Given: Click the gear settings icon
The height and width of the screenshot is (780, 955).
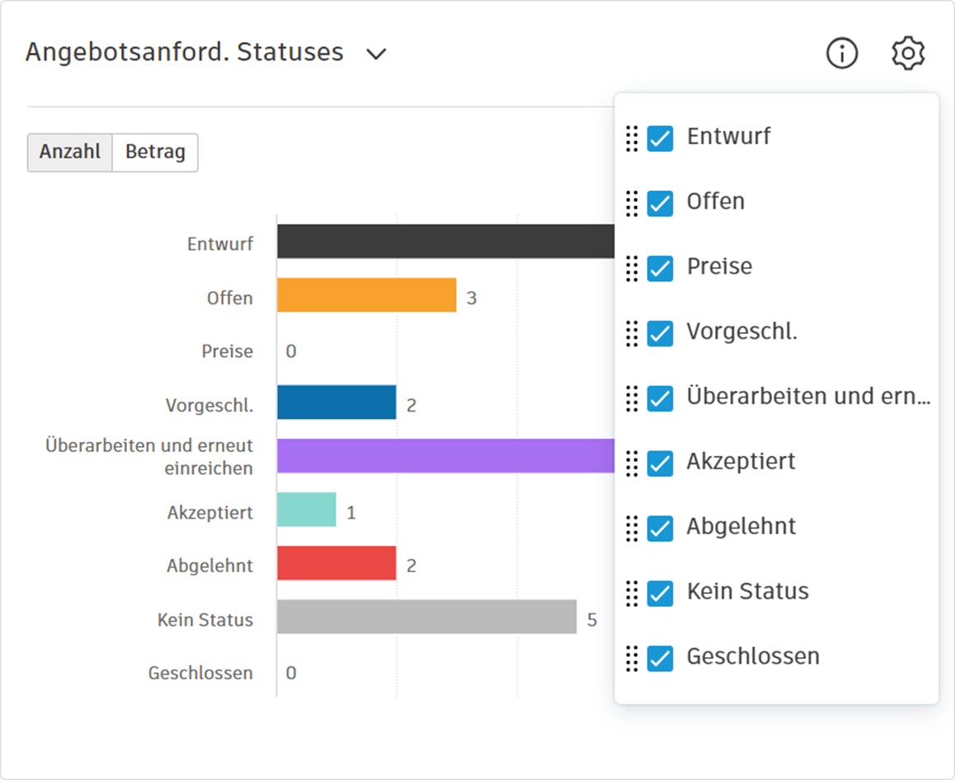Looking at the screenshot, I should click(908, 54).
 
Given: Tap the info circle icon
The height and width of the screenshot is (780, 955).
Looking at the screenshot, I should click(842, 54).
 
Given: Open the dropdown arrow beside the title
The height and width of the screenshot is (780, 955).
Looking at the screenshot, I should click(376, 54).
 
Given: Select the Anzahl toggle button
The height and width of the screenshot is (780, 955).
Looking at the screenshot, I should click(70, 153).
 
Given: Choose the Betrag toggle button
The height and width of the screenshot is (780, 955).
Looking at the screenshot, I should click(155, 153).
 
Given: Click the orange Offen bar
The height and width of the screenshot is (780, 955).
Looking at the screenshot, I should click(366, 295).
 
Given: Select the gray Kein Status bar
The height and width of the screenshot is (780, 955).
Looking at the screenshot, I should click(426, 617).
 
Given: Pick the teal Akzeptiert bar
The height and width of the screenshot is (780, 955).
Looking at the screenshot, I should click(306, 510).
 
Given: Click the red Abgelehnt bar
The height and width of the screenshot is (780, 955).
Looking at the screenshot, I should click(336, 563).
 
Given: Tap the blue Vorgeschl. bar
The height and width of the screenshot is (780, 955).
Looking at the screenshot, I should click(336, 402).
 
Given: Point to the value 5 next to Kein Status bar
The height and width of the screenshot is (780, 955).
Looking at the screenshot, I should click(591, 619).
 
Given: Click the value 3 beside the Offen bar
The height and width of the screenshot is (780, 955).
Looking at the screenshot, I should click(471, 298).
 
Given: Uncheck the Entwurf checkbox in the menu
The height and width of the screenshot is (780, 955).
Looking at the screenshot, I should click(660, 138).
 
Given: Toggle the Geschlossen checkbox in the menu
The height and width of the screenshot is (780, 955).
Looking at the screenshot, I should click(660, 658).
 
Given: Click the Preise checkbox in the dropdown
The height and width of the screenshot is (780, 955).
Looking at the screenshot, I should click(660, 268).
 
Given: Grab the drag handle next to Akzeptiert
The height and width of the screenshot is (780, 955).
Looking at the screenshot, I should click(632, 463).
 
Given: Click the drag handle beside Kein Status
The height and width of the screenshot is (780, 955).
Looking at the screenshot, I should click(632, 593).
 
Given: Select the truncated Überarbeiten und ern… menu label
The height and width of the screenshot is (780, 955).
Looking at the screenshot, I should click(807, 397).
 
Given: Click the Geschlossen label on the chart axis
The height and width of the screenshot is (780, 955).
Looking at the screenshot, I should click(200, 673).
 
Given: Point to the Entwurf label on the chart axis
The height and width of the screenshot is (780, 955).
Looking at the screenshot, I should click(220, 244).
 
